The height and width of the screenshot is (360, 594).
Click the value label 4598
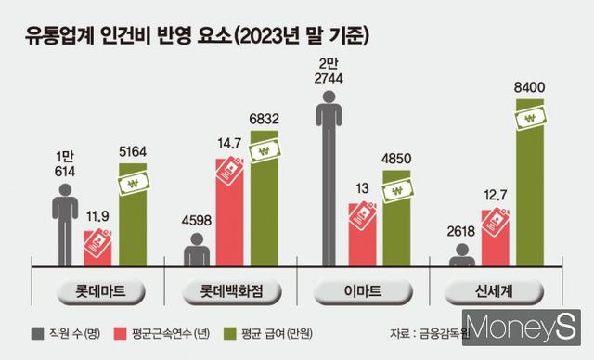(x=196, y=219)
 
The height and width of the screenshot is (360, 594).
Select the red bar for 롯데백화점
(x=232, y=213)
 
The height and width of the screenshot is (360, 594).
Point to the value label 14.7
(x=229, y=143)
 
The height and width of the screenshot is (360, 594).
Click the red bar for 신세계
(x=494, y=238)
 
